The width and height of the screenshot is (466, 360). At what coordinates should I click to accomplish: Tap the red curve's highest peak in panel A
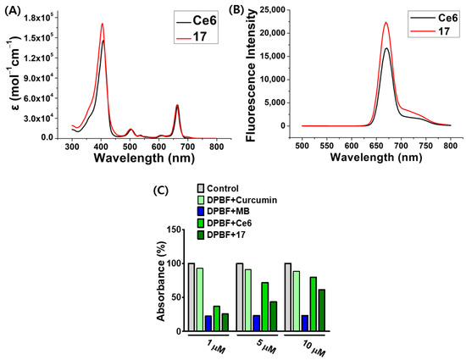[x=103, y=25]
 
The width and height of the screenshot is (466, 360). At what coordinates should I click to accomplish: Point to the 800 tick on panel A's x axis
[x=217, y=147]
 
